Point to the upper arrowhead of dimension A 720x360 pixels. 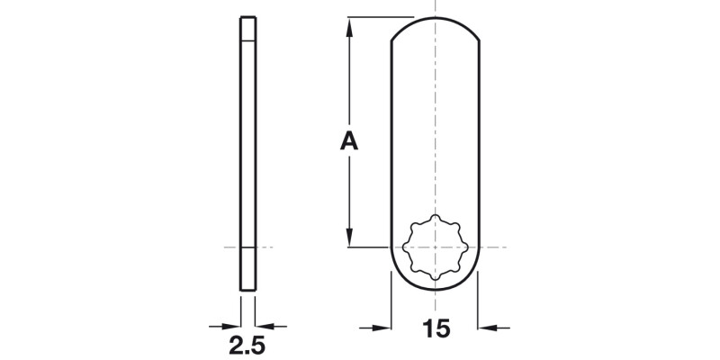click(348, 24)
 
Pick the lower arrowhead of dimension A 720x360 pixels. click(348, 239)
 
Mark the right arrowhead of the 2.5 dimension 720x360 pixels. click(264, 326)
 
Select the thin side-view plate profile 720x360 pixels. click(247, 153)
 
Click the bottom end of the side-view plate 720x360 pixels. click(247, 288)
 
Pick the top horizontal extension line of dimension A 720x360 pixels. click(378, 17)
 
